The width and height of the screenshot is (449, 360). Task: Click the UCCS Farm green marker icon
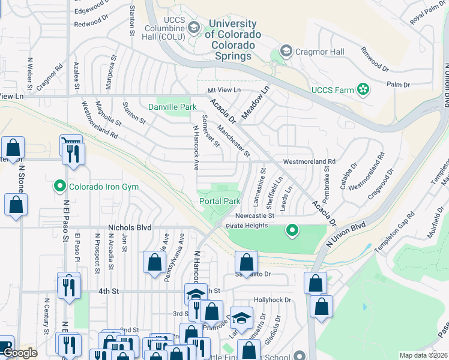363,90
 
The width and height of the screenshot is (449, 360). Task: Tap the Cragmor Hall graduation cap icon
286,52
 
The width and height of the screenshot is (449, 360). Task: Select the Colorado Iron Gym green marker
59,187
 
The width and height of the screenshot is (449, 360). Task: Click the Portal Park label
219,202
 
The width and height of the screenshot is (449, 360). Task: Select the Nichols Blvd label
130,228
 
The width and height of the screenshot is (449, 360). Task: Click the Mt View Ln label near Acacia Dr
224,90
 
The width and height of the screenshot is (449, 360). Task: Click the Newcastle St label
254,215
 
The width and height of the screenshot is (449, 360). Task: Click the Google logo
20,353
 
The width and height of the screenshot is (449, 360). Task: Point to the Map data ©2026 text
423,355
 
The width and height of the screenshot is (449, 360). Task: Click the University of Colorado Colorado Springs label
233,40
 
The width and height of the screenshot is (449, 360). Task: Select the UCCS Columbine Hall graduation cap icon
193,27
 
